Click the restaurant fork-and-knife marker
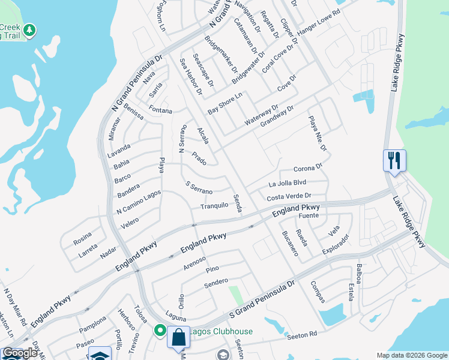[x=394, y=161]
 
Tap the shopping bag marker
[x=178, y=338]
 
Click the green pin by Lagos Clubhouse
[x=160, y=331]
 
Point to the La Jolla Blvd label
[x=288, y=183]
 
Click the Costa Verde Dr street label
[x=289, y=197]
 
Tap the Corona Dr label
[x=308, y=169]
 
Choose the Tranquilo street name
[x=214, y=205]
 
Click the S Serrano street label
[x=199, y=188]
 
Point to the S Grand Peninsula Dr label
[x=262, y=300]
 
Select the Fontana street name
[x=161, y=111]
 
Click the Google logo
[x=20, y=353]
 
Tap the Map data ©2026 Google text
[x=412, y=355]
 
